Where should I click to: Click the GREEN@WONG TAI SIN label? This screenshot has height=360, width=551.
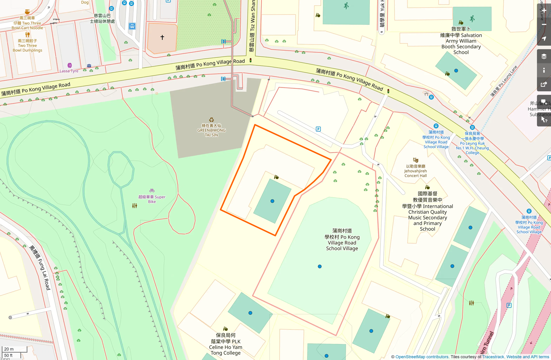(x=211, y=130)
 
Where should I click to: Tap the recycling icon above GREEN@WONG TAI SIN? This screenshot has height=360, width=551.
(x=211, y=120)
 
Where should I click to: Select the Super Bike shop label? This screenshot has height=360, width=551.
(x=152, y=199)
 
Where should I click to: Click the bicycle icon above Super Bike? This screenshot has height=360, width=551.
(x=152, y=191)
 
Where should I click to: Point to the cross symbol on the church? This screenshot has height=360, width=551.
(x=162, y=37)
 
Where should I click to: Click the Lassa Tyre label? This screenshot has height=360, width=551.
(x=69, y=71)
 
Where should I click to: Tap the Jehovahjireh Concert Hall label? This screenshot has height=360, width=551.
(x=415, y=171)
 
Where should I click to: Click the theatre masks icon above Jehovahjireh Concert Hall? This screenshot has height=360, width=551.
(x=415, y=160)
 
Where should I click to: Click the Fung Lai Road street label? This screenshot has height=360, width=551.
(x=40, y=268)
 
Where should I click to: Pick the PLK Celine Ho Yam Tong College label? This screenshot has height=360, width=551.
(x=225, y=344)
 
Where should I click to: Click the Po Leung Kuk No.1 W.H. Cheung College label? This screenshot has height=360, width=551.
(x=472, y=143)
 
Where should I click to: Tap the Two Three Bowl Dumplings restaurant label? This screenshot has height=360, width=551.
(x=27, y=45)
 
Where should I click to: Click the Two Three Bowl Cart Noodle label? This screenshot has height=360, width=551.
(x=27, y=23)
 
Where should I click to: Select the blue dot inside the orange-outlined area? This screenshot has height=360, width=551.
(x=272, y=201)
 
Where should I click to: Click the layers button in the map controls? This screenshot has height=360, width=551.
(x=544, y=56)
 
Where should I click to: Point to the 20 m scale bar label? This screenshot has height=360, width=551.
(x=9, y=349)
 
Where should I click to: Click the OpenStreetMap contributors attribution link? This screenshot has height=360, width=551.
(x=422, y=357)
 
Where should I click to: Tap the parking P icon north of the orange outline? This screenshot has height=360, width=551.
(x=318, y=129)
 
